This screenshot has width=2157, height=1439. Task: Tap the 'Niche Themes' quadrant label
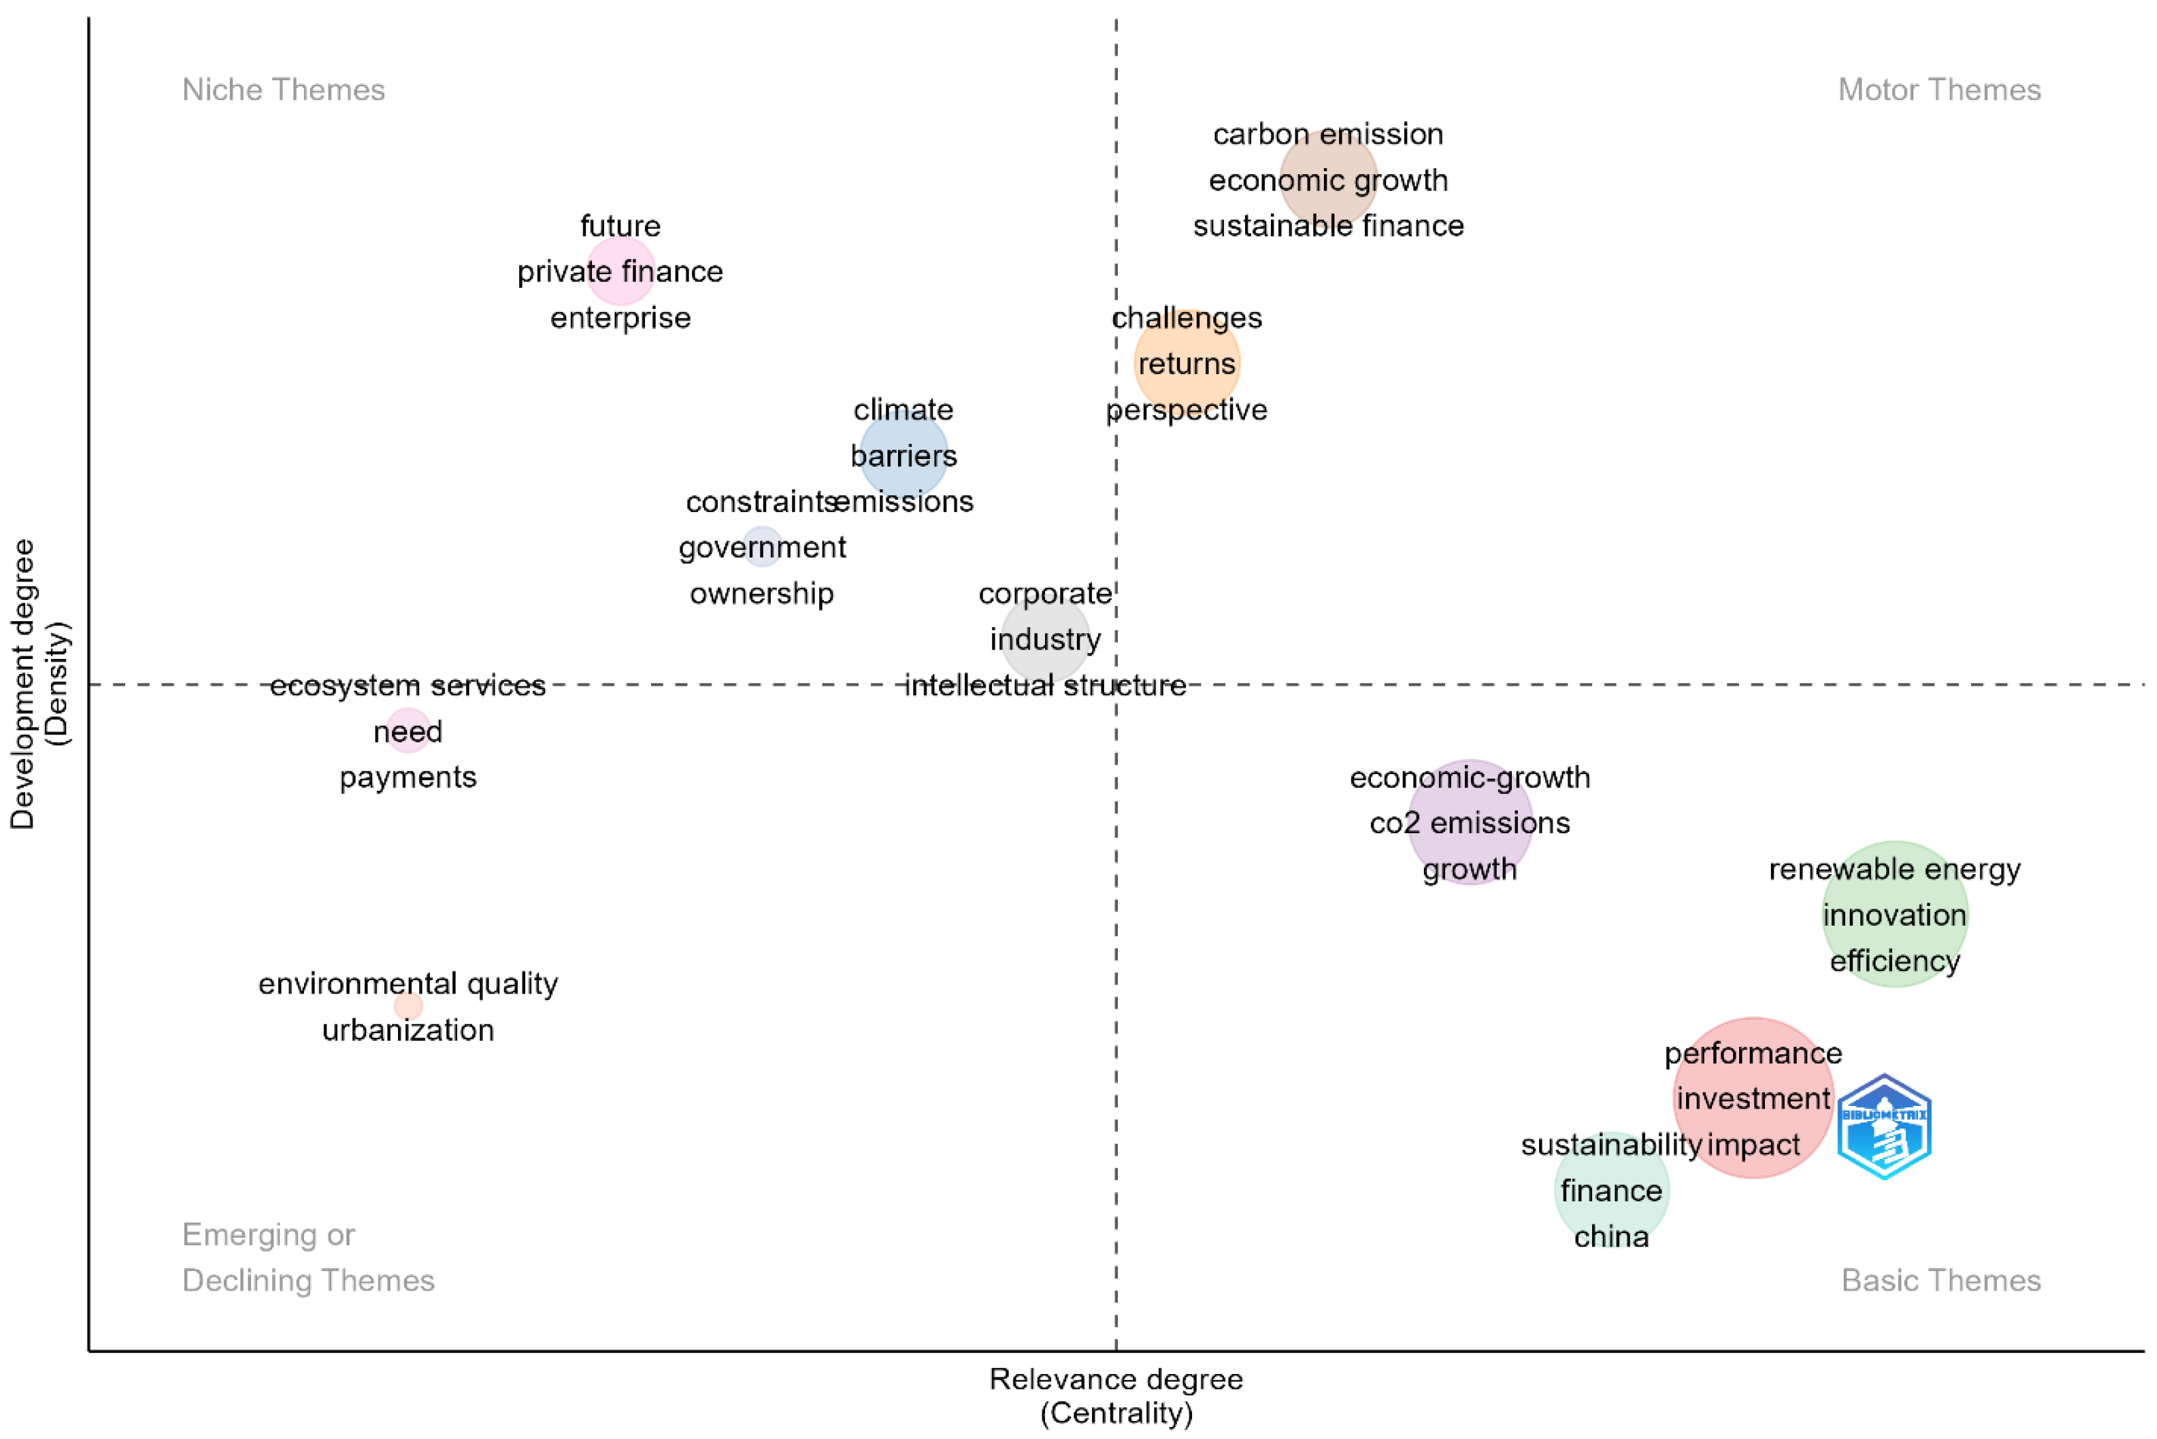283,90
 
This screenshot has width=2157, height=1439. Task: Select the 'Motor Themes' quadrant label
1938,90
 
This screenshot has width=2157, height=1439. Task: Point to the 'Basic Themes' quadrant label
1940,1280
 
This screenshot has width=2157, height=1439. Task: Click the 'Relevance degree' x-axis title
1115,1379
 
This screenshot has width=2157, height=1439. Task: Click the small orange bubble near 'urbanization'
409,1006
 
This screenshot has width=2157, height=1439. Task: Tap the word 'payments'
409,777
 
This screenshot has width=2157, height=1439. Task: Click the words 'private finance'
620,272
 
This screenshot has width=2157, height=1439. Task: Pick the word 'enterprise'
620,318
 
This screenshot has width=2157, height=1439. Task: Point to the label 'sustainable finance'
1327,226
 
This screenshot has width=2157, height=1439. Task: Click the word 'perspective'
1186,409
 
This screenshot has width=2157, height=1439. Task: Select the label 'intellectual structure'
1046,685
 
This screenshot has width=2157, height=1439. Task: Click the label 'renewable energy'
1895,869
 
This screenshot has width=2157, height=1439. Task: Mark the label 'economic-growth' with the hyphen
1470,777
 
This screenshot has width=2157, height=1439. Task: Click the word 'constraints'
760,502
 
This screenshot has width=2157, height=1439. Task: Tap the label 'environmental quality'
409,984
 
